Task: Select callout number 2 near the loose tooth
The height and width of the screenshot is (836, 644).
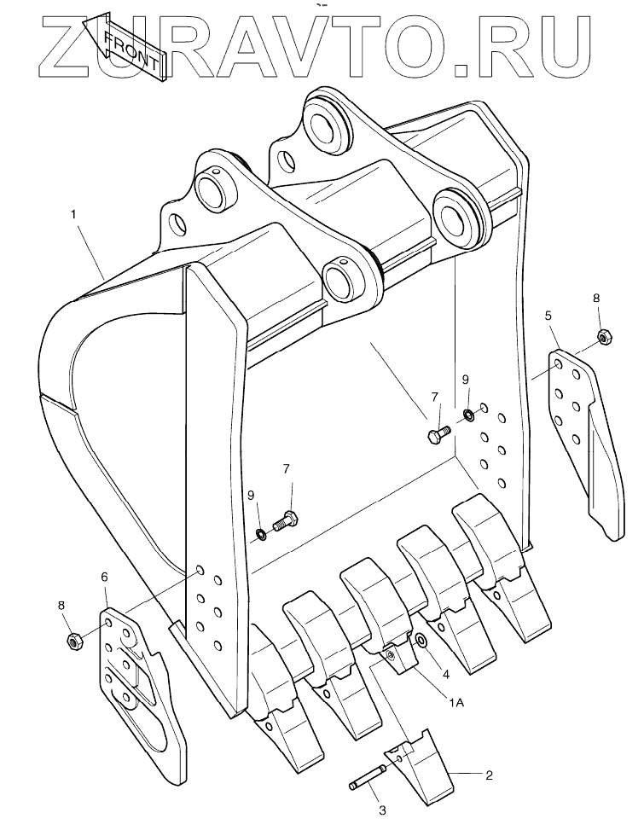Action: [x=489, y=775]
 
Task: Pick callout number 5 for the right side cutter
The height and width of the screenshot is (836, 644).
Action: [x=548, y=316]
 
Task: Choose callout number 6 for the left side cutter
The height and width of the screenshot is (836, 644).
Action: [x=104, y=578]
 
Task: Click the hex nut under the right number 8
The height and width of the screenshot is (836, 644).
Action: [x=604, y=337]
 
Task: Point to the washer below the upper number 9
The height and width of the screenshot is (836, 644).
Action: [x=468, y=415]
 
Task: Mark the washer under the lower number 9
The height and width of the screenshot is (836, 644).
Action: [x=260, y=535]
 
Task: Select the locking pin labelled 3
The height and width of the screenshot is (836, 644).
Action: [x=368, y=778]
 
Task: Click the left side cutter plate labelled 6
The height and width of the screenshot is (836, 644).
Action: [x=136, y=682]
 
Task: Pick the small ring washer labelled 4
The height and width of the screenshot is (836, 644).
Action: [x=421, y=642]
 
